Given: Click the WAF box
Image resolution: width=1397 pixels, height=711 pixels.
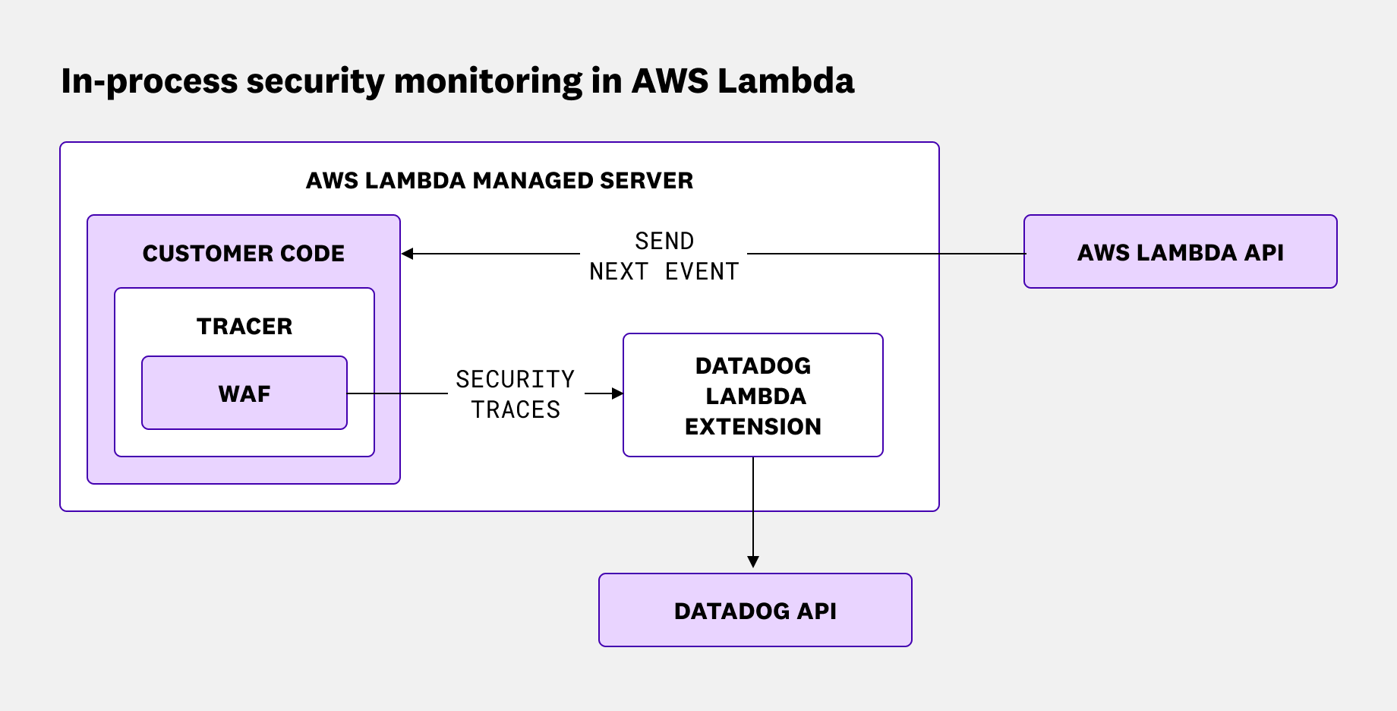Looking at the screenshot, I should tap(244, 393).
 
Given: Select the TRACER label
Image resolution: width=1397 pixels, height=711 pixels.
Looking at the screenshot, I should tap(244, 327).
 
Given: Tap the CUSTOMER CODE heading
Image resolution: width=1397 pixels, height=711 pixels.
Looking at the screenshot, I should tap(244, 254).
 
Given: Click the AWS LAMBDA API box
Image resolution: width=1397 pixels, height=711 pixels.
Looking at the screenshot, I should tap(1180, 252).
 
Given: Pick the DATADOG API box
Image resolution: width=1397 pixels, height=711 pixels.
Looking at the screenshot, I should tap(755, 611).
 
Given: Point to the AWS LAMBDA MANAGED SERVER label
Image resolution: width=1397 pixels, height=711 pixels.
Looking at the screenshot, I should tap(499, 181).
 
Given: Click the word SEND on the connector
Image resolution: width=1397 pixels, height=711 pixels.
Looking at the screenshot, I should tap(664, 242).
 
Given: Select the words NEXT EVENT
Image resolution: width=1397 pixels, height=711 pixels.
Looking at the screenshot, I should tap(664, 272).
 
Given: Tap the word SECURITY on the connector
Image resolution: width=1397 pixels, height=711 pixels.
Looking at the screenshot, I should tap(516, 379).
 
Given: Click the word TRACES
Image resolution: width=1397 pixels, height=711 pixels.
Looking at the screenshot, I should tap(516, 410).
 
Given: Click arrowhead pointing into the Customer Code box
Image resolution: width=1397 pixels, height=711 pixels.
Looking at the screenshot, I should tap(408, 254).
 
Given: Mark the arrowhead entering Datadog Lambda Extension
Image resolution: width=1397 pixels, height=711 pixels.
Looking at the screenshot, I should tap(617, 393).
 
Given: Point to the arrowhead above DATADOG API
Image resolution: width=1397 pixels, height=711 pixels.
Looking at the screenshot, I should tap(753, 562).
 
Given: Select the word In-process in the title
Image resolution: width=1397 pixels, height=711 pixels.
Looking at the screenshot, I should tap(149, 81).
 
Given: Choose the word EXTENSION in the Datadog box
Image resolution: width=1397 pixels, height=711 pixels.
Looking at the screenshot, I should tap(753, 427).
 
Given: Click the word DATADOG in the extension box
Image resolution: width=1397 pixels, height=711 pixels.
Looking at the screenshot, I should tap(753, 366).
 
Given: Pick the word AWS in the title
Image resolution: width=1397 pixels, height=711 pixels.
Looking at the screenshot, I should tap(670, 81).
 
